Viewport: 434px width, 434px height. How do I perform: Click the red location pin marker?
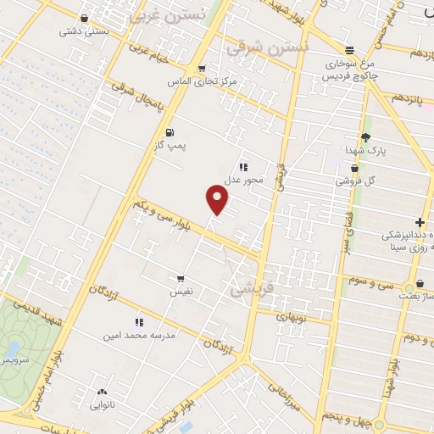point(218,200)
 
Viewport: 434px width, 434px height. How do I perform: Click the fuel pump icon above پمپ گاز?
point(170,132)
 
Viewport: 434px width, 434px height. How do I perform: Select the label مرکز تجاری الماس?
point(203,83)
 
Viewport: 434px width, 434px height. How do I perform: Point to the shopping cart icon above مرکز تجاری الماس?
point(201,69)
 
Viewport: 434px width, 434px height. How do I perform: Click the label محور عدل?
point(244,180)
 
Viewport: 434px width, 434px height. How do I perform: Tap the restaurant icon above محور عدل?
point(243,166)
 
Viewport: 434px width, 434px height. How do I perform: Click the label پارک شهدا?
point(365,150)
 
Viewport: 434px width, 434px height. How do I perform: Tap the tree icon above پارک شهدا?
point(365,136)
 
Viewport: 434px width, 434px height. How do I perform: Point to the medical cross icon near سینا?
point(420,222)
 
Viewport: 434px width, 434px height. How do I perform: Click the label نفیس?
point(182,292)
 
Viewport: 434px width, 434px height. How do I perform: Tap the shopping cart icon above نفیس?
point(181,278)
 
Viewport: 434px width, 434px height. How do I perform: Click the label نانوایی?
point(103,405)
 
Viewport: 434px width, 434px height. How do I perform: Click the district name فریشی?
point(252,289)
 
